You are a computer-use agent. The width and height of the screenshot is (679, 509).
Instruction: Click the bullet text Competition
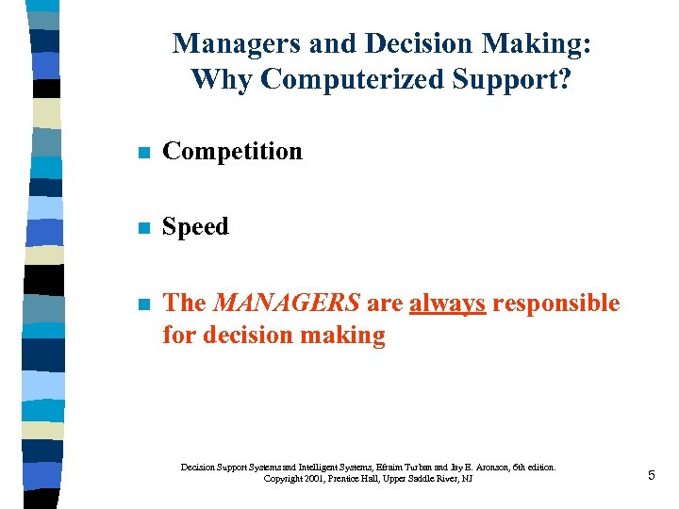[x=233, y=151]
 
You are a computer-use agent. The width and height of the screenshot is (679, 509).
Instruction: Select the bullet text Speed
[x=196, y=226]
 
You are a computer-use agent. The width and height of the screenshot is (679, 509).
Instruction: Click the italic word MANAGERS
[x=287, y=303]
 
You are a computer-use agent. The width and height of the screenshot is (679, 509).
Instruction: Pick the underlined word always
[x=447, y=303]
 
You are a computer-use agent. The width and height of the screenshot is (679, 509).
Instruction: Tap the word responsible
[x=556, y=303]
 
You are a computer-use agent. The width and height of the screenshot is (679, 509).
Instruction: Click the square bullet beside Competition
[x=142, y=152]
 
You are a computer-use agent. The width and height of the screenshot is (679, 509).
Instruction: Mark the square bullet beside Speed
[x=142, y=227]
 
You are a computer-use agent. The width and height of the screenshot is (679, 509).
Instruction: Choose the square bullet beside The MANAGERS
[x=142, y=304]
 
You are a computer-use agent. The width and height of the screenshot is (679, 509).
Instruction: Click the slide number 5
[x=651, y=476]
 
